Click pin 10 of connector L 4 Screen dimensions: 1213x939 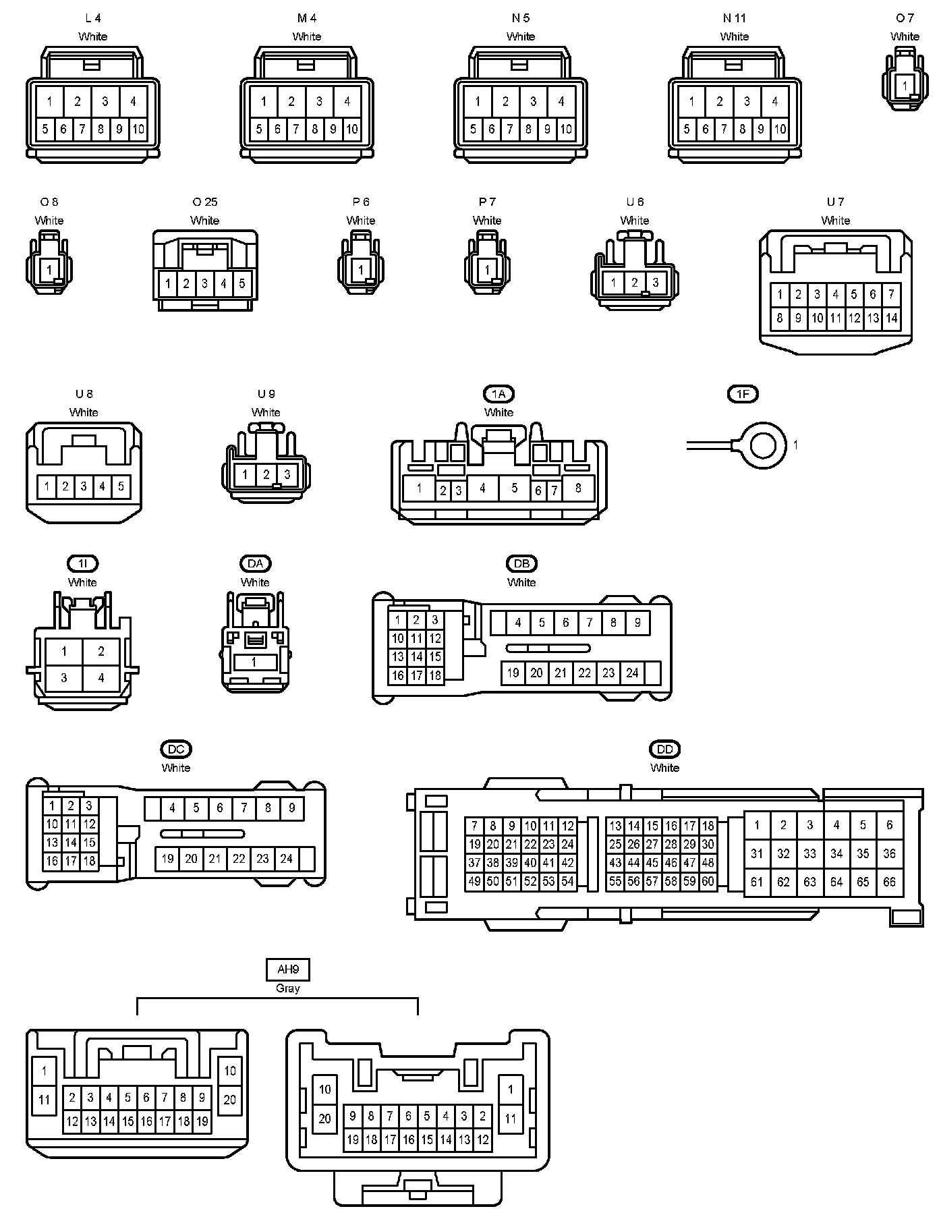coord(138,129)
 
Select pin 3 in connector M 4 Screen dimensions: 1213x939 coord(319,102)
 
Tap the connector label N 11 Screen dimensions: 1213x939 coord(734,18)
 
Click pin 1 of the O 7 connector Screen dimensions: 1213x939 coord(904,86)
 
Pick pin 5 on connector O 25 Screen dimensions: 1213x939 coord(242,283)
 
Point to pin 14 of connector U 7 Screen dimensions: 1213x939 coord(892,318)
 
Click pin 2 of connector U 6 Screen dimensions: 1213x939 coord(634,283)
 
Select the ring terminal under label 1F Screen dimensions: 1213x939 coord(764,445)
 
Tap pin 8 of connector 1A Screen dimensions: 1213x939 coord(578,488)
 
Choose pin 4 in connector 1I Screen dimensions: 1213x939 coord(101,677)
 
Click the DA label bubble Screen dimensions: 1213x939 coord(255,563)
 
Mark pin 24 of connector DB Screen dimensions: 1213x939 coord(632,673)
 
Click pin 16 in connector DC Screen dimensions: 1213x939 coord(52,861)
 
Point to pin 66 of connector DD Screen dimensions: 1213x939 coord(889,882)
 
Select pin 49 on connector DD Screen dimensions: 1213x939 coord(474,881)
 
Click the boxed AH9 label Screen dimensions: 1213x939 coord(288,970)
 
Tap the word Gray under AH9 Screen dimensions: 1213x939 coord(288,988)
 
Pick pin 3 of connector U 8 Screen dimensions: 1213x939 coord(84,486)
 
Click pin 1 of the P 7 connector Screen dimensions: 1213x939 coord(487,270)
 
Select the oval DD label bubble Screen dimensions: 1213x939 coord(664,749)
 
